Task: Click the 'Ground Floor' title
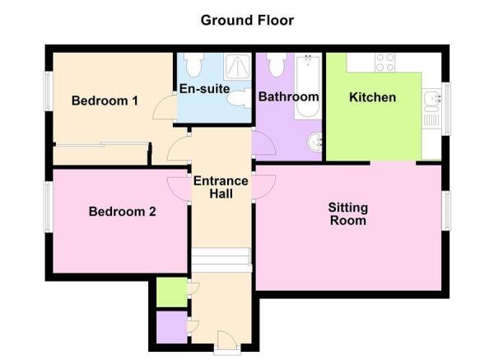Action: (x=247, y=20)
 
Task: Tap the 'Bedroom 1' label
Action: (x=105, y=101)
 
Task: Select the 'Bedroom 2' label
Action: (x=122, y=212)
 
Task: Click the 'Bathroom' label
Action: (x=288, y=97)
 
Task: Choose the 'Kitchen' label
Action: (x=372, y=97)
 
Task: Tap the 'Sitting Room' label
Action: (x=347, y=213)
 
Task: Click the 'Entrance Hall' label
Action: (x=221, y=187)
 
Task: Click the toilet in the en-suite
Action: (x=193, y=64)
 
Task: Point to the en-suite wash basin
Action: (x=240, y=100)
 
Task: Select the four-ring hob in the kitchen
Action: (x=384, y=62)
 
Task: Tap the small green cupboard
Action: (x=171, y=292)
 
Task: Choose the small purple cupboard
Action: (x=171, y=326)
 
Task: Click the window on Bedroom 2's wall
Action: (x=49, y=207)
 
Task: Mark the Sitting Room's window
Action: (x=446, y=211)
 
